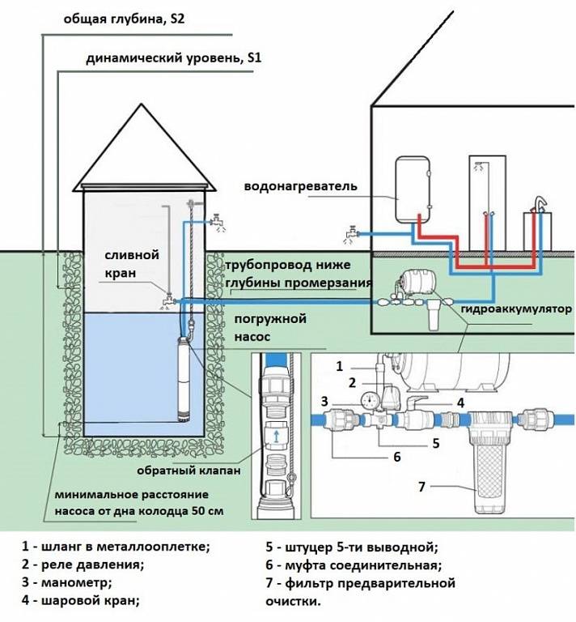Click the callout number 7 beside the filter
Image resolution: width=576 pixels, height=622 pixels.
tap(422, 486)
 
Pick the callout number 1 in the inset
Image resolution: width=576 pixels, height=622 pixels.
tap(340, 366)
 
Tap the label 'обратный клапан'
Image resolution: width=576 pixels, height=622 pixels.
tap(184, 471)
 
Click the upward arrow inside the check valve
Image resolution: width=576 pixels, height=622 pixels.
tap(277, 438)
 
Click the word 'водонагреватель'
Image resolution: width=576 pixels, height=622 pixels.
tap(300, 185)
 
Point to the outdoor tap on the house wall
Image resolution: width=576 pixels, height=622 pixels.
tap(349, 233)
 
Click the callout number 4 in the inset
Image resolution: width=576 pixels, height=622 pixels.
tap(458, 400)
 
